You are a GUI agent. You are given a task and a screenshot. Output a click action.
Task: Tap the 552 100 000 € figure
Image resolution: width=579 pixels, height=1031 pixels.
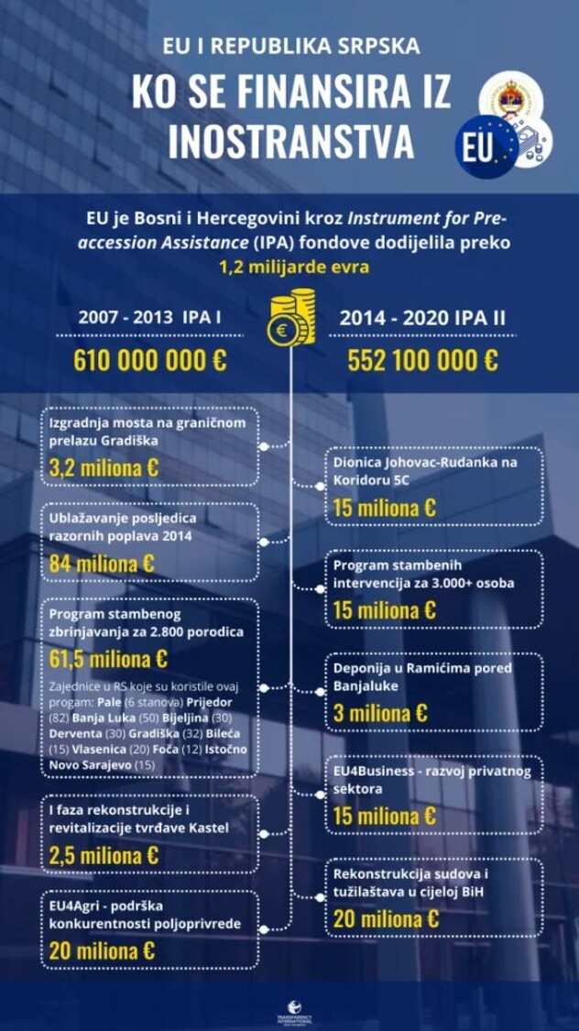tap(422, 359)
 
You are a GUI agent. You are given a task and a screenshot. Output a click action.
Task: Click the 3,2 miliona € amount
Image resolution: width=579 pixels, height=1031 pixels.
tap(104, 467)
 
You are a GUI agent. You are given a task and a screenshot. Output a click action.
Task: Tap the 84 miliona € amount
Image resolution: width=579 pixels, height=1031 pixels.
tap(102, 564)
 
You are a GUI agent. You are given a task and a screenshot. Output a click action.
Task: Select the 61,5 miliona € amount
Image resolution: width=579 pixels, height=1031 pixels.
tap(108, 659)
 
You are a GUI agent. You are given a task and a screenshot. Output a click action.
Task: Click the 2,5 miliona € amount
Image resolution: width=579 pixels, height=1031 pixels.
tap(104, 856)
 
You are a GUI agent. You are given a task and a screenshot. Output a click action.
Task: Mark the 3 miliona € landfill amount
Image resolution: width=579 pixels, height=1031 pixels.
tap(380, 712)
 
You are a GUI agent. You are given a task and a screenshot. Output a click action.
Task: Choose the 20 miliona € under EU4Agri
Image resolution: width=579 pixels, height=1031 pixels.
tap(102, 950)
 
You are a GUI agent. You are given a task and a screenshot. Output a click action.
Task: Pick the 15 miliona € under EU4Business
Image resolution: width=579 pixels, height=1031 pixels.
tap(384, 816)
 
